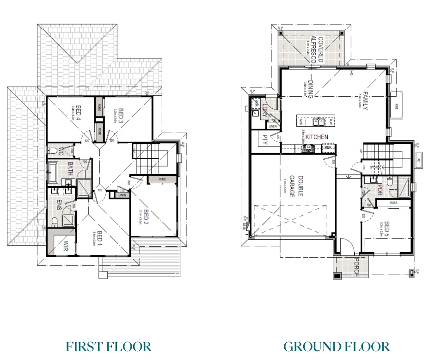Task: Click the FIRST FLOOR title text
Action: (x=109, y=346)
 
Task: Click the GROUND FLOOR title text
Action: (x=336, y=346)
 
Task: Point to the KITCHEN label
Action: (x=317, y=137)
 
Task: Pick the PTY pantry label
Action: (x=265, y=139)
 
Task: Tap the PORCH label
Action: (x=356, y=267)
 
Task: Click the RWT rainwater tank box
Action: (x=397, y=105)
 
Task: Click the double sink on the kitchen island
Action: (x=318, y=122)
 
